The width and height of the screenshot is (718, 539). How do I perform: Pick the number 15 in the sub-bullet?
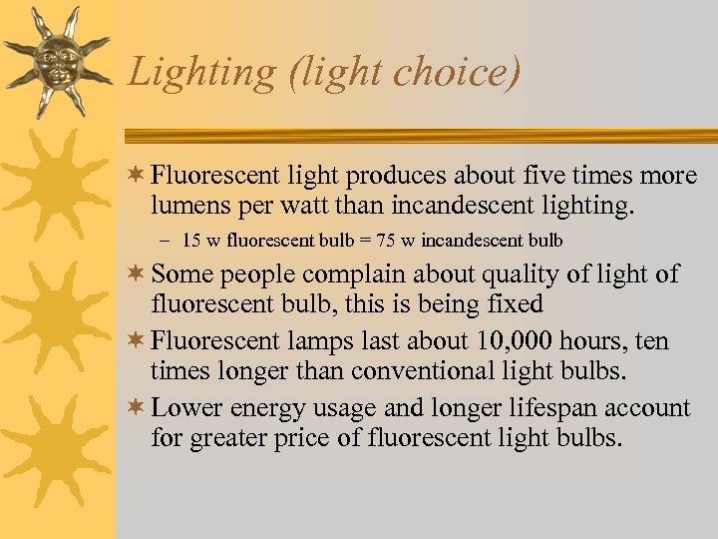191,241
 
